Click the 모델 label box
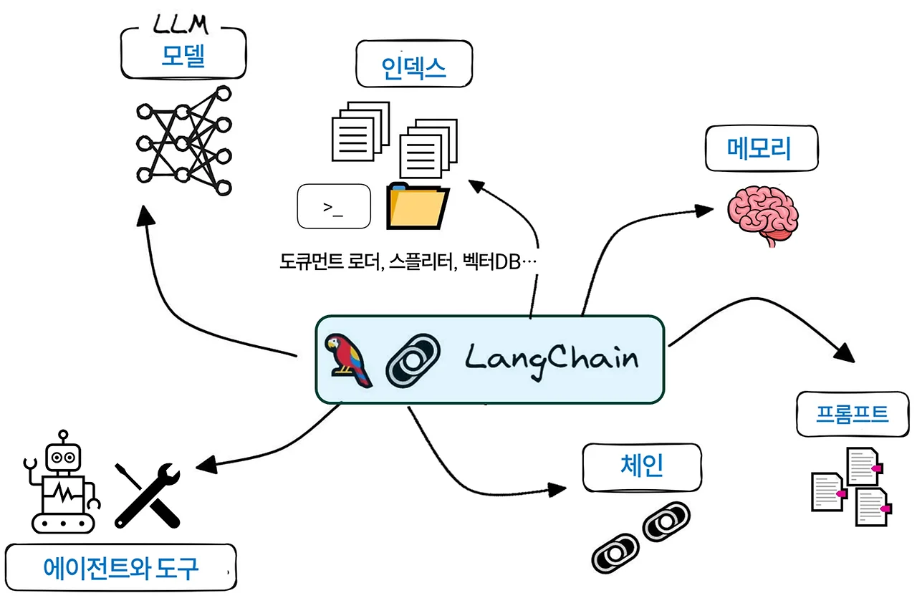pos(183,57)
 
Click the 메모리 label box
pos(761,150)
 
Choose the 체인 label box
pos(640,467)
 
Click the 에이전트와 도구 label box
pos(120,569)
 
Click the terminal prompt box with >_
pos(333,207)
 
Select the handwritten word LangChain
pos(550,357)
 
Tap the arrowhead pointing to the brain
pos(706,210)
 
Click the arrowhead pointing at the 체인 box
pos(557,489)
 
